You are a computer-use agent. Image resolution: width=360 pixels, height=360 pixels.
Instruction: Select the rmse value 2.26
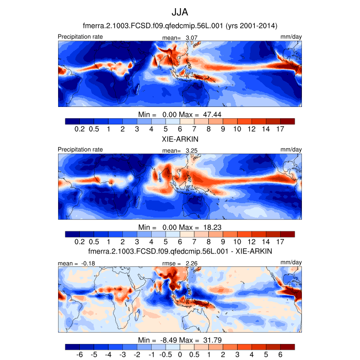(192, 263)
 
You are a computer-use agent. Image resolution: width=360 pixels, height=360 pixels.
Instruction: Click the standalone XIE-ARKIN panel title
(180, 139)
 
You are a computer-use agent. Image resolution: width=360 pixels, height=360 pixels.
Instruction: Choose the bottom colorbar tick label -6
(80, 355)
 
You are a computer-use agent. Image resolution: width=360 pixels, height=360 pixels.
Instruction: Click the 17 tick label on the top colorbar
(280, 129)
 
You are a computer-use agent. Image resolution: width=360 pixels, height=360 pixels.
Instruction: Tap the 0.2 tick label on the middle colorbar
(80, 242)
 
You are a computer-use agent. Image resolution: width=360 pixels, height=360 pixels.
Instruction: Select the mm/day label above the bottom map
(292, 263)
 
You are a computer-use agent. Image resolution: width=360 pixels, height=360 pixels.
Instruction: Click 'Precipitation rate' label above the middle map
(80, 150)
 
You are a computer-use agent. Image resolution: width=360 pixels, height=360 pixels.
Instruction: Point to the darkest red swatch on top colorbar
(287, 121)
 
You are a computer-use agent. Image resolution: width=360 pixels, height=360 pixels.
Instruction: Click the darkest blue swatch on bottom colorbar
(73, 347)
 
